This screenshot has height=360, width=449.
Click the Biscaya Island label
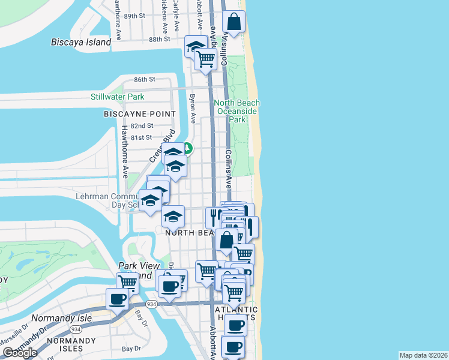(81, 42)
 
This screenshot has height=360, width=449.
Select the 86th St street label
(145, 79)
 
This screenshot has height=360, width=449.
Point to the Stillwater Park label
(118, 97)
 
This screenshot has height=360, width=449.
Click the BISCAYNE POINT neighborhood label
(140, 114)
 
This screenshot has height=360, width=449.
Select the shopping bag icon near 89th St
(234, 23)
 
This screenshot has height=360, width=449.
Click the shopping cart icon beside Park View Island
(127, 282)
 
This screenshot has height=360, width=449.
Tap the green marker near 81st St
(187, 147)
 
